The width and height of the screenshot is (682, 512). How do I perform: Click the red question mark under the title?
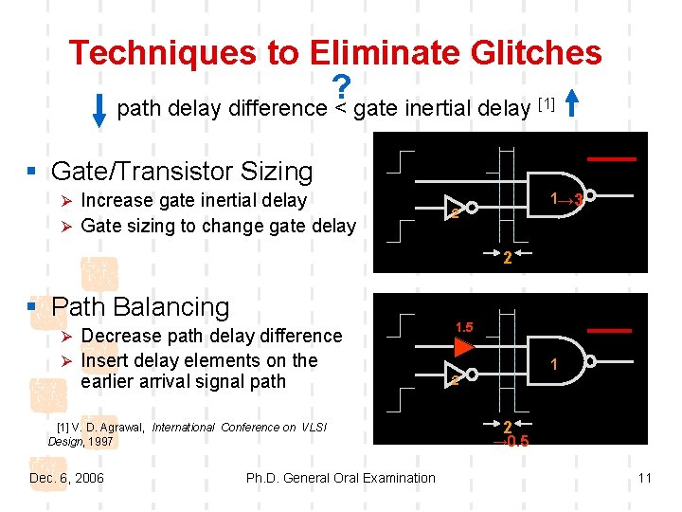click(x=339, y=86)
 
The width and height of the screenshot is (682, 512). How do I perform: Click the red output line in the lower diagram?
click(x=609, y=331)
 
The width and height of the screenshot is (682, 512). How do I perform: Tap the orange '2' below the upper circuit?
click(x=508, y=257)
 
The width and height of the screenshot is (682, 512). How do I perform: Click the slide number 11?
click(x=644, y=478)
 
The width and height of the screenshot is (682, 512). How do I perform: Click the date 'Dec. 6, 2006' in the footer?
click(x=66, y=478)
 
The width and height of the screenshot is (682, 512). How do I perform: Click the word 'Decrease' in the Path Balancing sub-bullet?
click(x=119, y=336)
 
